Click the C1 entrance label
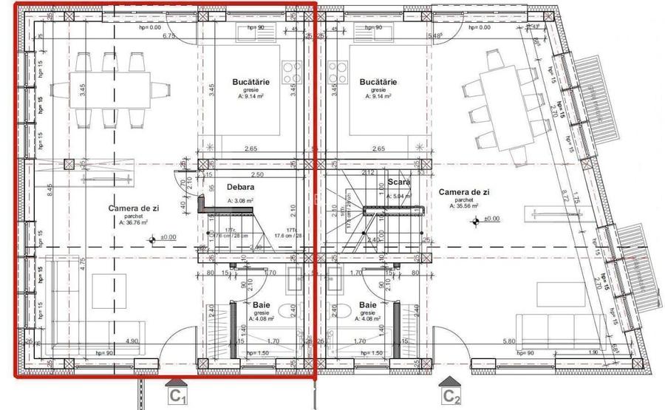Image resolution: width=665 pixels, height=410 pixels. point(178,397)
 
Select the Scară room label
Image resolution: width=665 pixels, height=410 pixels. point(398,182)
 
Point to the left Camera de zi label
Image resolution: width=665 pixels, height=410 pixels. point(134,209)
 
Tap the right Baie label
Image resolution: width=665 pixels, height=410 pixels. point(367,304)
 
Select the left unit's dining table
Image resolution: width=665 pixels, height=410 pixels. point(111,82)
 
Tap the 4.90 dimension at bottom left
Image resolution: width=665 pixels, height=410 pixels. point(132,341)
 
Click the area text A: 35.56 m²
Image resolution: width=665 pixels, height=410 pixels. point(464,206)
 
